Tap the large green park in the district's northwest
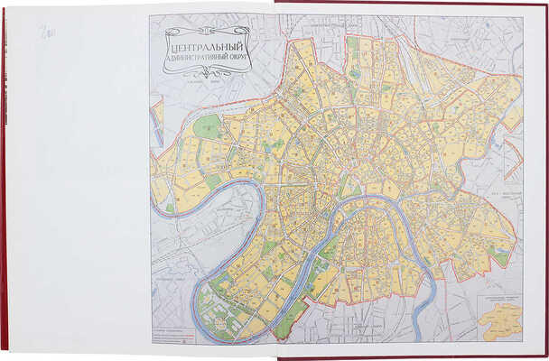(x=207, y=126)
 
